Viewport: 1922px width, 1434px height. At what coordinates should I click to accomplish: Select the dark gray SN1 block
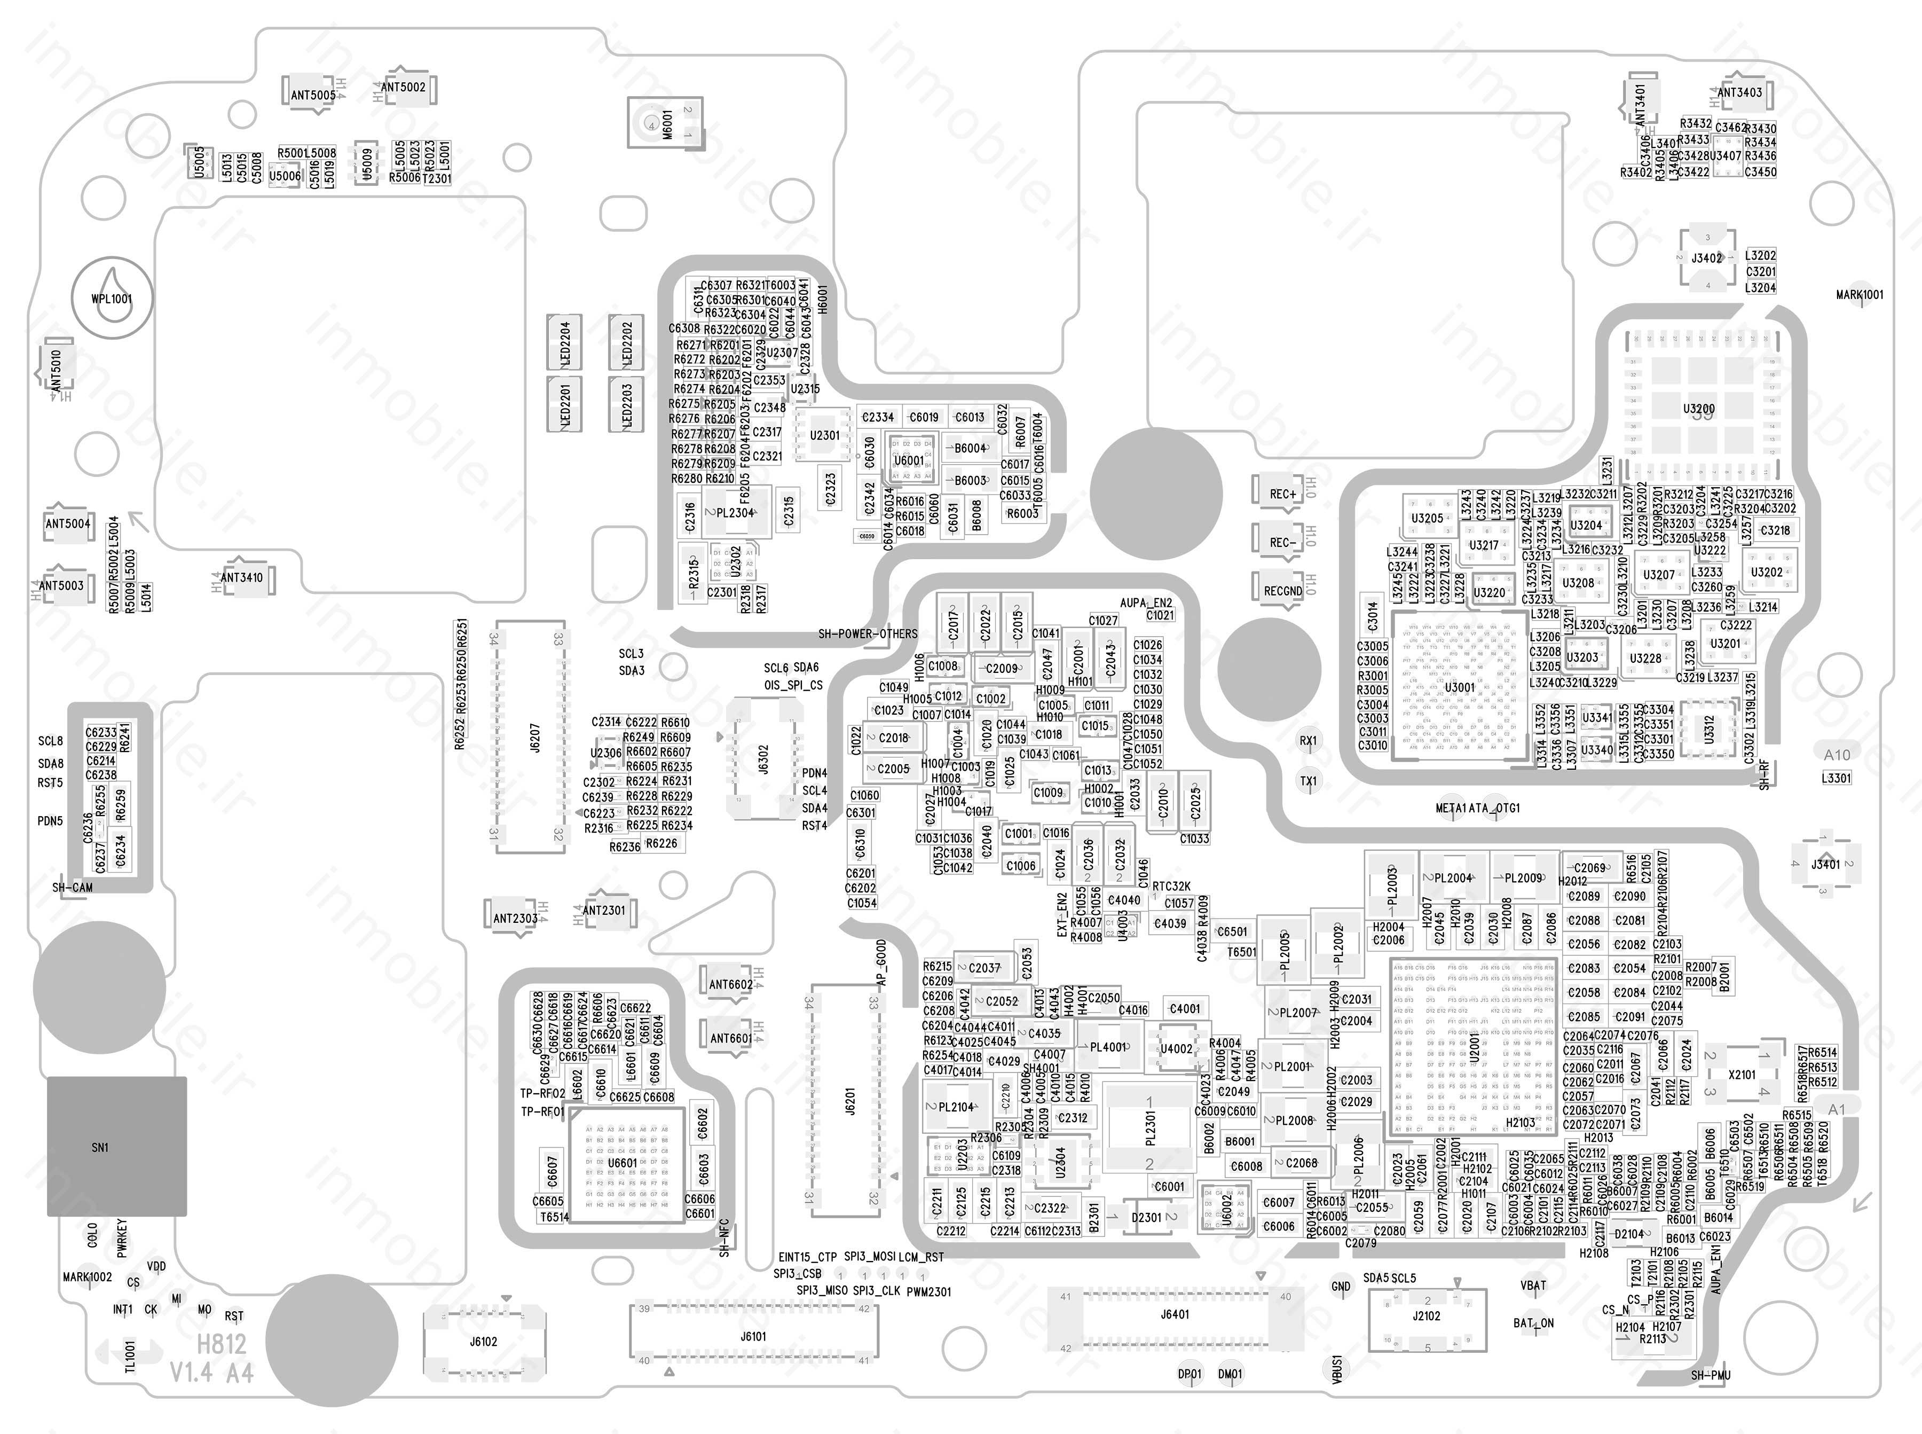(116, 1147)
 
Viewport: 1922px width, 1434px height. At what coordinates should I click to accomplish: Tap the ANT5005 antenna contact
(312, 94)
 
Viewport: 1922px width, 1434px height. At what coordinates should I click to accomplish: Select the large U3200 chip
(1699, 409)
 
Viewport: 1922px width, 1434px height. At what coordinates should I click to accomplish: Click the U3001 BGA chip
(1460, 687)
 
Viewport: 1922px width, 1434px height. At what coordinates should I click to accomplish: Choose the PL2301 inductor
(1149, 1132)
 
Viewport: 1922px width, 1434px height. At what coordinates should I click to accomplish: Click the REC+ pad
(1282, 494)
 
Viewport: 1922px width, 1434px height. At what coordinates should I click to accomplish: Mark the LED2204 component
(565, 344)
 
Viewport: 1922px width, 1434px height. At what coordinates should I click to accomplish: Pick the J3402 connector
(1707, 258)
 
